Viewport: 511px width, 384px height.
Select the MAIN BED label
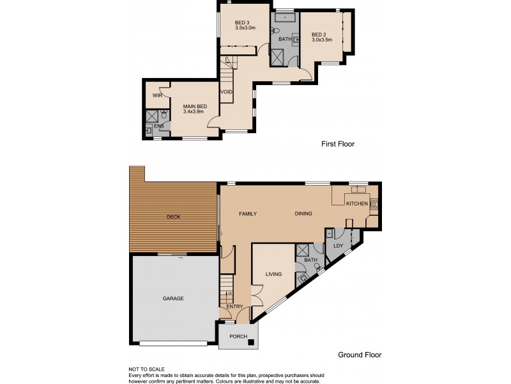[x=195, y=107]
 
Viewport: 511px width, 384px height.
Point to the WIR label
[x=156, y=95]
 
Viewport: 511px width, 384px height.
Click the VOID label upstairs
[x=226, y=92]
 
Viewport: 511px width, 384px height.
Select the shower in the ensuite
[x=152, y=116]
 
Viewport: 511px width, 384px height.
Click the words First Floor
[x=337, y=145]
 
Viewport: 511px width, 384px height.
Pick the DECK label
[x=173, y=217]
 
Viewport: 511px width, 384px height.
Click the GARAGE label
[x=172, y=298]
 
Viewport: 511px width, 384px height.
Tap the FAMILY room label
[x=247, y=214]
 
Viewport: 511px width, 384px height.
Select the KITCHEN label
[x=356, y=204]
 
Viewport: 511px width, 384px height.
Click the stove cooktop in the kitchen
[x=374, y=204]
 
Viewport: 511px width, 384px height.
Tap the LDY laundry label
[x=337, y=246]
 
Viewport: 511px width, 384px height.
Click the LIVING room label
[x=273, y=274]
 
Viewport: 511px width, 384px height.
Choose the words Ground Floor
[x=360, y=355]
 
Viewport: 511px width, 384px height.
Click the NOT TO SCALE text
[x=147, y=369]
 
